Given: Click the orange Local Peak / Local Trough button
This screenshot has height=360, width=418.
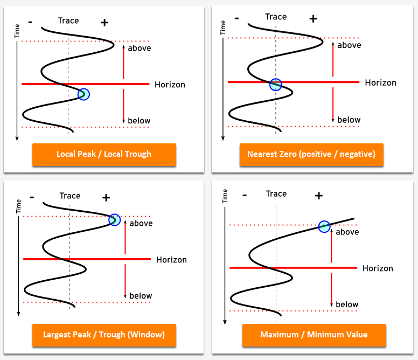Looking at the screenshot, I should click(104, 154).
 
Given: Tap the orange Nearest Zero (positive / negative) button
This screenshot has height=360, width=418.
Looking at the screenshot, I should click(311, 154).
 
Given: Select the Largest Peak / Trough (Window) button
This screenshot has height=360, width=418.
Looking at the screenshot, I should click(104, 335).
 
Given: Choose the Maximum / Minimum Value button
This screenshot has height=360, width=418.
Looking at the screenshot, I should click(313, 335).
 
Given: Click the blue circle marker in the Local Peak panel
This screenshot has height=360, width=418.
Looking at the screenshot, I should click(83, 94).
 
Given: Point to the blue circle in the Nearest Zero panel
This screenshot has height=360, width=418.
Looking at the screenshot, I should click(275, 85).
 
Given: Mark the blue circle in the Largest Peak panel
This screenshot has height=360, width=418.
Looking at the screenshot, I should click(114, 219).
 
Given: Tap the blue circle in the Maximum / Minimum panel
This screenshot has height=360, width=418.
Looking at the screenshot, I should click(324, 227).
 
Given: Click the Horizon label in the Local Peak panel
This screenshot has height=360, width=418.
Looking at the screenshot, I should click(170, 85).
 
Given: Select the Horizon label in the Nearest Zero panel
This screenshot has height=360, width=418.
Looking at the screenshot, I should click(380, 83).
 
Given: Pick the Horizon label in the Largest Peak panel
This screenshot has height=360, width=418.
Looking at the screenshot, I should click(171, 260).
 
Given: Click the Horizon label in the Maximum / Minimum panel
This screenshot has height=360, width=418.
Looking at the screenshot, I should click(378, 268).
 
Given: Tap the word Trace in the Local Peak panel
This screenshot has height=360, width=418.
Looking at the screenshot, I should click(68, 20).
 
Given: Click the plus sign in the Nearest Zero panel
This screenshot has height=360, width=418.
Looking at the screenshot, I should click(312, 19).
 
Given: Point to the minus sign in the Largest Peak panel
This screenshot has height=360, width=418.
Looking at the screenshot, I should click(32, 197).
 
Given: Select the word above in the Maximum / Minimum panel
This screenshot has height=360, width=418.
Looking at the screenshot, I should click(347, 232).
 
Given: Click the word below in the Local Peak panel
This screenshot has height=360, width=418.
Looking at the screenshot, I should click(139, 121).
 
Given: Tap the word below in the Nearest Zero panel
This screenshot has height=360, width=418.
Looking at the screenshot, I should click(349, 120).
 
